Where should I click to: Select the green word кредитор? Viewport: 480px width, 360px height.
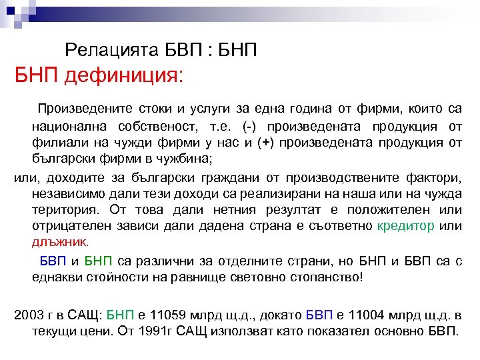point(406,227)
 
